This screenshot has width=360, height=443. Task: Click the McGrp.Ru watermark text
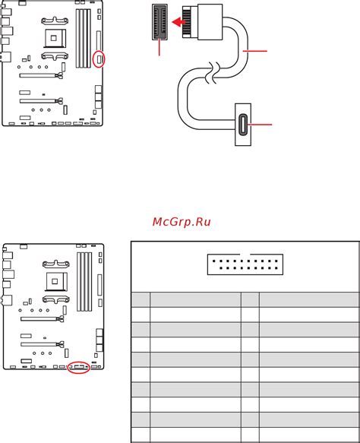[182, 222]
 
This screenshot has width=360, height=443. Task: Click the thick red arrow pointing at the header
[179, 22]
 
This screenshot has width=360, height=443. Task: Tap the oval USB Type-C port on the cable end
[243, 125]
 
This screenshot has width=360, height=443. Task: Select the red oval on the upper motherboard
[99, 59]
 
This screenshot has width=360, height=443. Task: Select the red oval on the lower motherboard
[78, 367]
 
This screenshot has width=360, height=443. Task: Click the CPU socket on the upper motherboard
[55, 37]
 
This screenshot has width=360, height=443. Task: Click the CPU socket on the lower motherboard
[56, 281]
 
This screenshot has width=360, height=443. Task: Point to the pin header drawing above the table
[245, 264]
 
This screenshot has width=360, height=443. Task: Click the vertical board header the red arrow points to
[159, 22]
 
